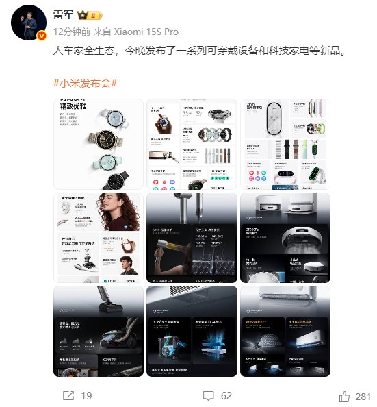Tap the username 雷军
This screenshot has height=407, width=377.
click(64, 16)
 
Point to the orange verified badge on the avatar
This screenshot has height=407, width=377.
click(41, 36)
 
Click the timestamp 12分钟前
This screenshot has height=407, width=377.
click(72, 32)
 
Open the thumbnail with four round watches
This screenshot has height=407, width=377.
click(99, 144)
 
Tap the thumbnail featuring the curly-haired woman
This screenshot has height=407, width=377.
click(99, 237)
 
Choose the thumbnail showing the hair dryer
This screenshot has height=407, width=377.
click(192, 237)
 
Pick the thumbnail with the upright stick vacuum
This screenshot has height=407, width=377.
click(99, 331)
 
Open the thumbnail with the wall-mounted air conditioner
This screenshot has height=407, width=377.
click(285, 331)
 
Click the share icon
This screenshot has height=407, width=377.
click(68, 395)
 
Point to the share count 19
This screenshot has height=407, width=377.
click(86, 395)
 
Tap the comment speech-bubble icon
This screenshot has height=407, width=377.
click(208, 395)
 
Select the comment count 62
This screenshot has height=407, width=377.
click(226, 395)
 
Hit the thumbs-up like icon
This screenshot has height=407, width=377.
click(344, 395)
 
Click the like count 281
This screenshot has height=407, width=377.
click(363, 395)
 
